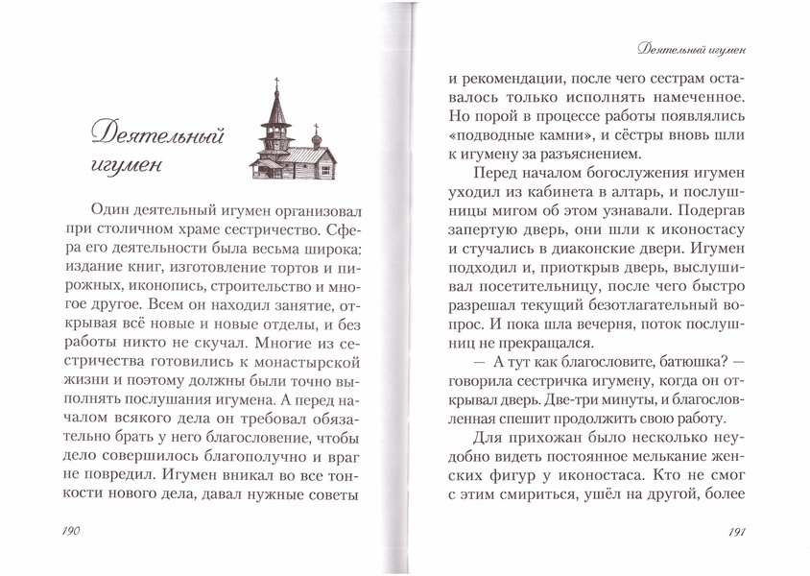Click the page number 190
coord(74,531)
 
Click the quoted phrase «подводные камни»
coord(510,130)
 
